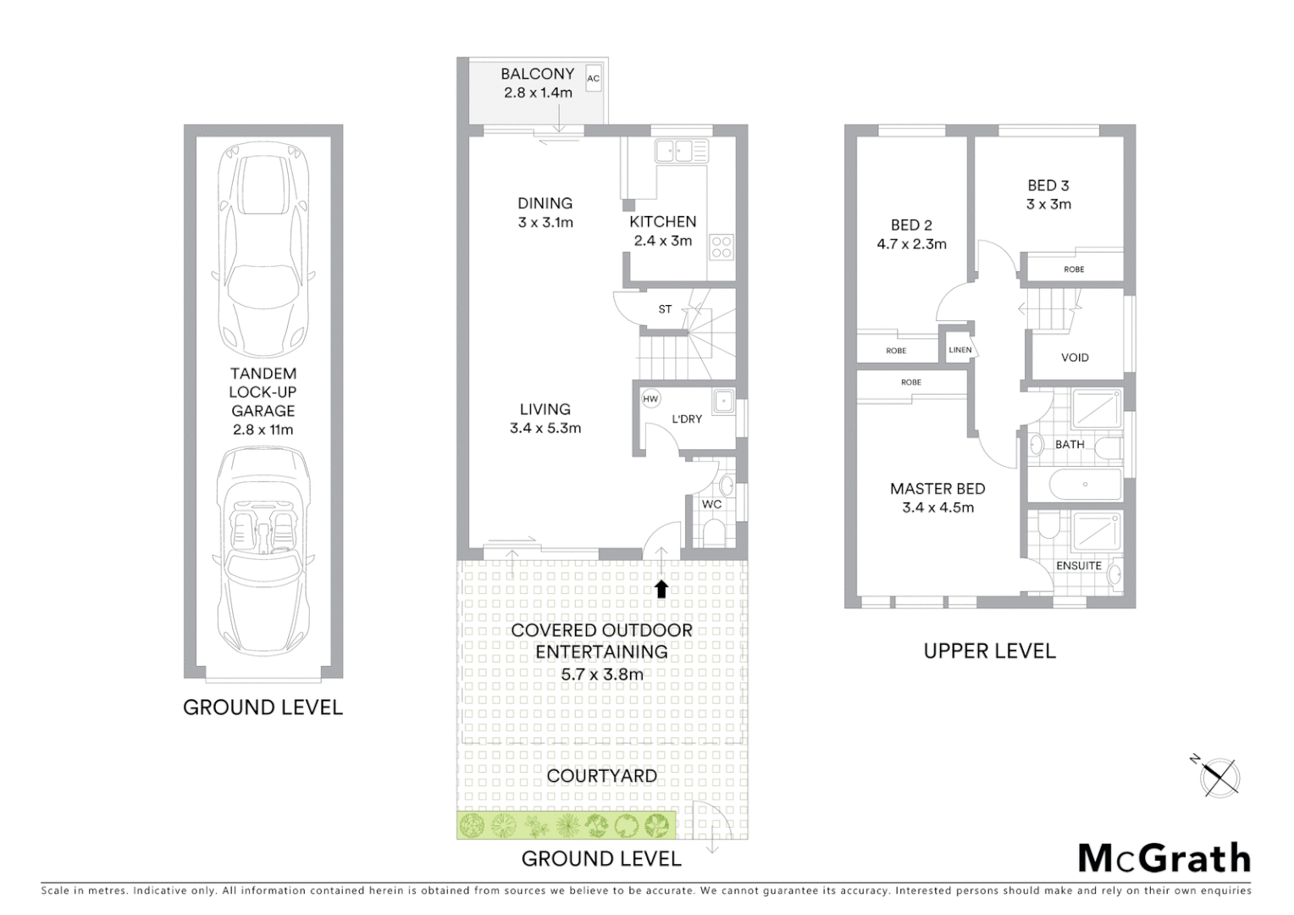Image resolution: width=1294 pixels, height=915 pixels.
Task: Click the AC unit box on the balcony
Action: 593,79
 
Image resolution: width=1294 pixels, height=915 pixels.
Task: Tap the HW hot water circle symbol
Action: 650,399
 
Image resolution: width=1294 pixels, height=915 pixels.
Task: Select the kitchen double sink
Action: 681,151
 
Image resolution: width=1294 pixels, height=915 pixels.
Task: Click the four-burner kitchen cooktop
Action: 721,247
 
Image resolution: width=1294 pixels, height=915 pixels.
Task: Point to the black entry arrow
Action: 661,589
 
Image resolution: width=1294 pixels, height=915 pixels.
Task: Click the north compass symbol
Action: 1219,776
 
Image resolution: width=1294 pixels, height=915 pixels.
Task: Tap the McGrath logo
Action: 1164,858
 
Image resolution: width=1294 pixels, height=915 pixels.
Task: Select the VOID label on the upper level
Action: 1075,358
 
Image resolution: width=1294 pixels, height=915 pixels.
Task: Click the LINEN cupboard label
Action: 959,350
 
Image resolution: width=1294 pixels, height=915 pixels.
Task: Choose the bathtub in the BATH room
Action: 1085,485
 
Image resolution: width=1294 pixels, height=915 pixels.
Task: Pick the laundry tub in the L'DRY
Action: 722,402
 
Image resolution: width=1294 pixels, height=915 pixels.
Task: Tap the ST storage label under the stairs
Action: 665,309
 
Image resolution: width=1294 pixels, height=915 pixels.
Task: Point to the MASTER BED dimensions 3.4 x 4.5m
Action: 937,507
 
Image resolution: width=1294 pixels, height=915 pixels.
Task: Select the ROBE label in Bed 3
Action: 1073,269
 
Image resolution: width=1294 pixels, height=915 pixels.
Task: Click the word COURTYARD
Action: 601,775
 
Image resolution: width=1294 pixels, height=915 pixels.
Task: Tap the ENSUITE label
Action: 1078,565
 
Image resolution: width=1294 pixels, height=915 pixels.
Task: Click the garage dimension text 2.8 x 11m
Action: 263,430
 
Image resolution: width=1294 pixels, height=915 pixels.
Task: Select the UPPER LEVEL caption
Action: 989,651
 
